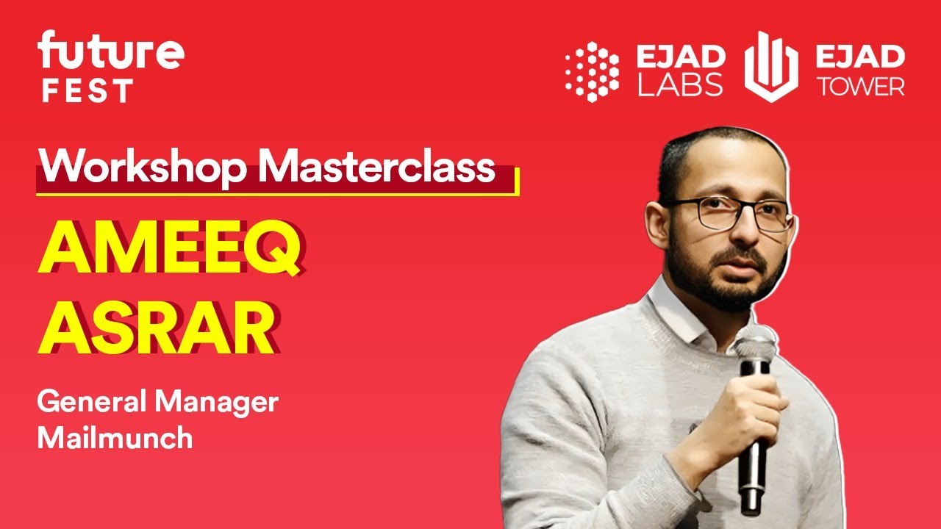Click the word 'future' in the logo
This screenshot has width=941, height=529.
point(110,52)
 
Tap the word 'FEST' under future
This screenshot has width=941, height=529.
point(87,91)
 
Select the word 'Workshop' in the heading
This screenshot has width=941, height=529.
point(143,168)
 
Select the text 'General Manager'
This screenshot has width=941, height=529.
point(157,403)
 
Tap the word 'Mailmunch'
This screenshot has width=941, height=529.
point(115,438)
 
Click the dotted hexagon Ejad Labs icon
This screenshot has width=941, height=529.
point(592,71)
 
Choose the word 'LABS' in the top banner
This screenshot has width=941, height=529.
point(680,85)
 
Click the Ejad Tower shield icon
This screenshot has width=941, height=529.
point(771,68)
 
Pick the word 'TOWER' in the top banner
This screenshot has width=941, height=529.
point(862,86)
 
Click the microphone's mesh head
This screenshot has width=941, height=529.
point(755,345)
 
